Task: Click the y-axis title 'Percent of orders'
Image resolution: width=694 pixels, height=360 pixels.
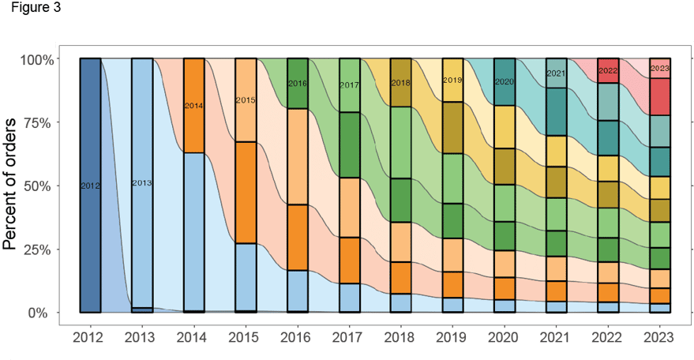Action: point(9,184)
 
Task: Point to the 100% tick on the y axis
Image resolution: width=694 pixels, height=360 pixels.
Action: point(36,60)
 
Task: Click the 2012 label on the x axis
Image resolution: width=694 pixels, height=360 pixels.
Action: point(89,338)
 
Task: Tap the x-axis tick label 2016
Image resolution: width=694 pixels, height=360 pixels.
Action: point(297,338)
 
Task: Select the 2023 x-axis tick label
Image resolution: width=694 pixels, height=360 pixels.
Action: point(659,338)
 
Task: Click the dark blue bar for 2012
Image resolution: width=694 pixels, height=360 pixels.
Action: point(90,237)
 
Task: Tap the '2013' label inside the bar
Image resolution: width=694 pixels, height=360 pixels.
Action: point(141,183)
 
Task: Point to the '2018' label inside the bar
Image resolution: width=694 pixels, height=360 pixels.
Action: point(401,83)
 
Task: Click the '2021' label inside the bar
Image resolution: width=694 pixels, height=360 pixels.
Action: point(556,73)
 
